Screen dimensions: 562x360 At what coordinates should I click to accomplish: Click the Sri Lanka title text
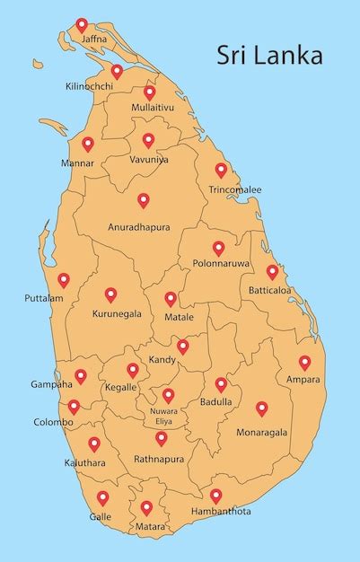(x=269, y=56)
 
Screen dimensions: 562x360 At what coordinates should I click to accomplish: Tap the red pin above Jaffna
(x=82, y=24)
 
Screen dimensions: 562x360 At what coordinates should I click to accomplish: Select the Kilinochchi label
(x=90, y=86)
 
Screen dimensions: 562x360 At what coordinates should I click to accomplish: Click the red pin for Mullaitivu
(x=150, y=92)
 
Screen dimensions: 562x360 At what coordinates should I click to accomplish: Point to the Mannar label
(x=77, y=163)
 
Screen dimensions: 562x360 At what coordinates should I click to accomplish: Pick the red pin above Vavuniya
(x=148, y=140)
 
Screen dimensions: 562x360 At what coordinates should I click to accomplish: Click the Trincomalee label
(x=235, y=190)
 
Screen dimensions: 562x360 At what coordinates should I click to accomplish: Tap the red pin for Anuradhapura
(x=143, y=200)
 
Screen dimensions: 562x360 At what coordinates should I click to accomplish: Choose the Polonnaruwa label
(x=220, y=264)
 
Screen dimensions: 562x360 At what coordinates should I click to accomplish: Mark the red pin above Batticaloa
(x=272, y=271)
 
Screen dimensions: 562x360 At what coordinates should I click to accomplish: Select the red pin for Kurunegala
(x=110, y=294)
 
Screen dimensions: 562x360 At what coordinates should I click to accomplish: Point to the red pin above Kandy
(x=182, y=346)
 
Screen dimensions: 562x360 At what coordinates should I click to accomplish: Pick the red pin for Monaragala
(x=262, y=408)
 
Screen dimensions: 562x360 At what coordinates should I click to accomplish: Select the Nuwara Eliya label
(x=163, y=416)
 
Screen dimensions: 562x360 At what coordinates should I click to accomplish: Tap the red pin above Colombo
(x=74, y=406)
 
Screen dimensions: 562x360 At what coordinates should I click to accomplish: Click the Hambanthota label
(x=221, y=511)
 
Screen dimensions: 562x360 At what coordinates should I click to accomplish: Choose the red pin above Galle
(x=102, y=497)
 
